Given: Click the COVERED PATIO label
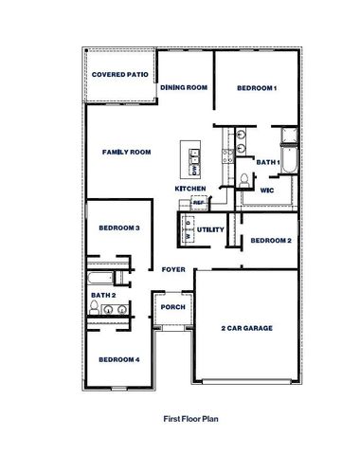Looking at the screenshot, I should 118,73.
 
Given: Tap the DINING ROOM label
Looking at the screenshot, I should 184,88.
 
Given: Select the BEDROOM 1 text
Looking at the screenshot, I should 256,88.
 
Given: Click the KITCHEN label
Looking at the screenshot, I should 190,189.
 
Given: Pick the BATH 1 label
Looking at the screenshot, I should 268,162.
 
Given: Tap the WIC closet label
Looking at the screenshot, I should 268,190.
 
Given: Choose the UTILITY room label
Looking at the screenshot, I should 209,230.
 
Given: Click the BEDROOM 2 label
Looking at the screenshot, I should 270,241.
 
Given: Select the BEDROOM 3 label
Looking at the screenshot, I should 119,228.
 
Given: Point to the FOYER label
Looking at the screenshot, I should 173,270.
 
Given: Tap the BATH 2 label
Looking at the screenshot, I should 103,296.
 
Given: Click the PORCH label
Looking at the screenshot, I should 172,307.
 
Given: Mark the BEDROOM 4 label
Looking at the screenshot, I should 119,359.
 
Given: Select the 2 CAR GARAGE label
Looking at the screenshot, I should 248,328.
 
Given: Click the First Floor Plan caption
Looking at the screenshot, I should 191,415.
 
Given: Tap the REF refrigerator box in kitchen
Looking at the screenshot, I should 199,202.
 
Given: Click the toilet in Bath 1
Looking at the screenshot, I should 243,180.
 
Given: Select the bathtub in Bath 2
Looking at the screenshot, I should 99,279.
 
